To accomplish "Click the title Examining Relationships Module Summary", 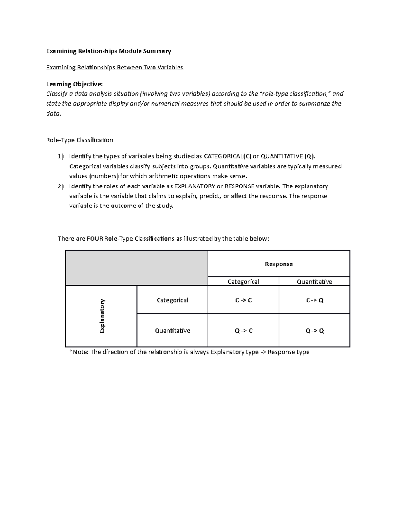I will coord(108,51).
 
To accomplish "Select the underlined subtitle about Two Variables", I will coord(115,68).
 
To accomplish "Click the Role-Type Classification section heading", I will coord(80,140).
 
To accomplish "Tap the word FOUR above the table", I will coord(95,239).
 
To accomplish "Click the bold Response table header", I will coord(279,264).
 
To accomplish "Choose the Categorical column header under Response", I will coord(243,282).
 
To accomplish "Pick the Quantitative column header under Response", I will coord(314,282).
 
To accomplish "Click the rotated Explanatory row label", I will coord(102,316).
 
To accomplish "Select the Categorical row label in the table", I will coord(172,300).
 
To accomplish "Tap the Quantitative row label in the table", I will coord(172,331).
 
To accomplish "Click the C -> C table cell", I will coord(243,300).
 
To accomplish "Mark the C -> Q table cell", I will coord(314,300).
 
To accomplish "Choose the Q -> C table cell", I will coord(243,331).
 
